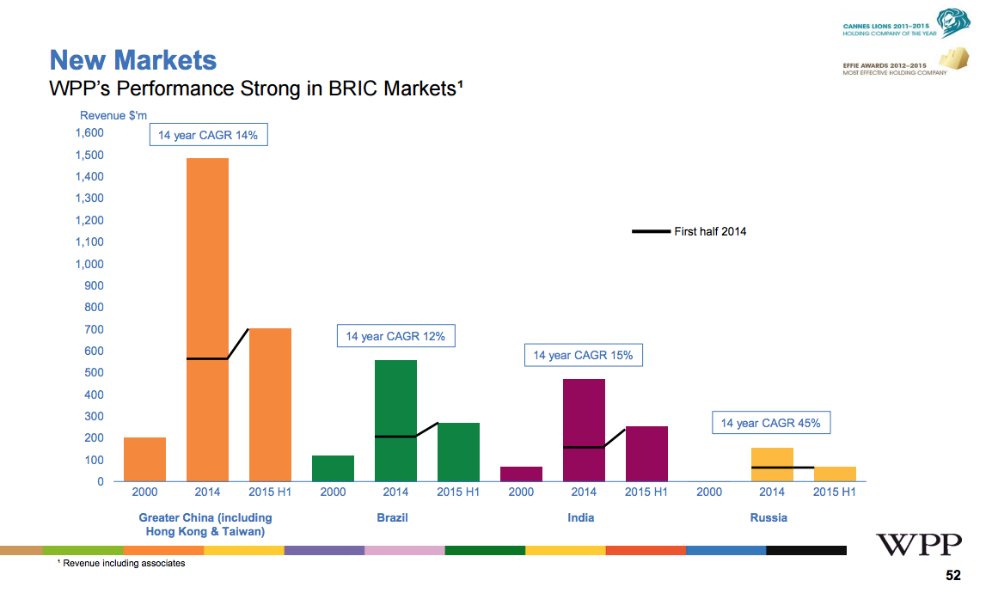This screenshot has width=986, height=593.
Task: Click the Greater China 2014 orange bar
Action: click(x=207, y=318)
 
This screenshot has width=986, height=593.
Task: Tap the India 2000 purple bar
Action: click(x=521, y=474)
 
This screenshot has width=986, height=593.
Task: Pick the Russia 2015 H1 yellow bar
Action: click(x=835, y=474)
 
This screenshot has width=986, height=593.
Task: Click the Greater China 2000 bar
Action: click(x=144, y=459)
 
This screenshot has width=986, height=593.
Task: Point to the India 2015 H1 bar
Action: click(x=646, y=453)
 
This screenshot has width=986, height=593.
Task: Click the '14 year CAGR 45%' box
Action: click(x=770, y=423)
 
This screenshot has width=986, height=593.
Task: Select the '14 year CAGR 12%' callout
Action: click(x=395, y=336)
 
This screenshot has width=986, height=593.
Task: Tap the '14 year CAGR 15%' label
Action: click(x=583, y=355)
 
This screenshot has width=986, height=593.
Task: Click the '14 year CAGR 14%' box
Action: click(x=208, y=135)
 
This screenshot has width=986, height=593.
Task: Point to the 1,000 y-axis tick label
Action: click(x=89, y=264)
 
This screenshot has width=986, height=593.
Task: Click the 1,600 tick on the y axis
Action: click(x=89, y=133)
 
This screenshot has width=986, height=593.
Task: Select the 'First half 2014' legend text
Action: click(x=710, y=231)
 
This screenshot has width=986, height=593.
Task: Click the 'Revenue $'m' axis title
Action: click(x=107, y=115)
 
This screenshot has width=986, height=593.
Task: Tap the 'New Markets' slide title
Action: click(x=133, y=60)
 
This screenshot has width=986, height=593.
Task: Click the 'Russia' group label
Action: click(x=768, y=517)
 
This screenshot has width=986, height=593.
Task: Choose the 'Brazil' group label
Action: click(x=392, y=517)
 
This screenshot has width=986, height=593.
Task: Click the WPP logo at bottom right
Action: click(x=919, y=544)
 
